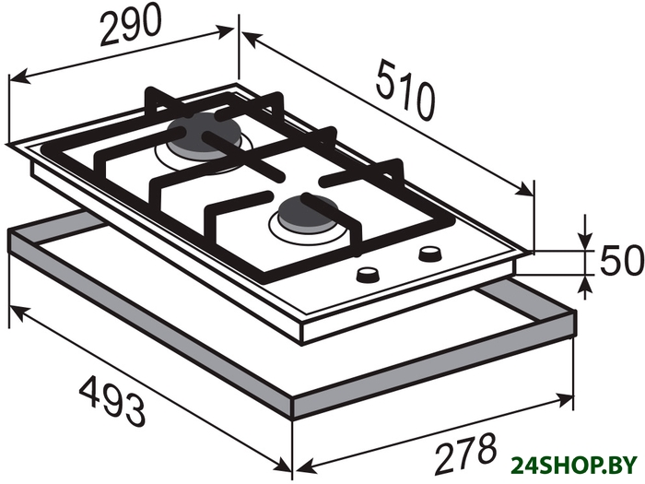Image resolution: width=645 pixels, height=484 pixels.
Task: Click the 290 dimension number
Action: [x=131, y=26]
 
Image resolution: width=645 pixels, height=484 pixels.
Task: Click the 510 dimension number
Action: [x=405, y=90]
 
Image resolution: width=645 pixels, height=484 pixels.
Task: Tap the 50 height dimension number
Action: [x=621, y=260]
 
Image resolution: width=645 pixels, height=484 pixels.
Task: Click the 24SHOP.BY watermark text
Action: [x=573, y=466]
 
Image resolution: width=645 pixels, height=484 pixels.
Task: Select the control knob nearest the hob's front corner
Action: [x=367, y=275]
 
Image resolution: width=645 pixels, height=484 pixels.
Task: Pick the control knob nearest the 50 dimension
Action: [x=430, y=254]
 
